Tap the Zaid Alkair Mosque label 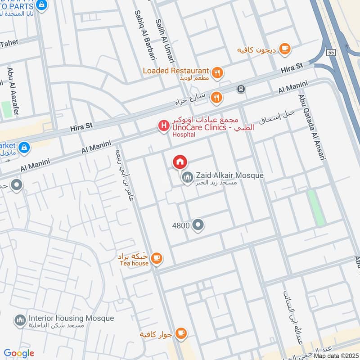tap(229, 175)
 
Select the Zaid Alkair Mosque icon tap(187, 179)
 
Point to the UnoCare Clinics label tap(198, 128)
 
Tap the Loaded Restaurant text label tap(176, 71)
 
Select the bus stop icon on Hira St tap(242, 89)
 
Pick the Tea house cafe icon tap(156, 258)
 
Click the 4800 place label tap(180, 225)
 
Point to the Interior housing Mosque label tap(71, 318)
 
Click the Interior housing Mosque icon tap(20, 321)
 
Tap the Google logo tap(19, 354)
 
